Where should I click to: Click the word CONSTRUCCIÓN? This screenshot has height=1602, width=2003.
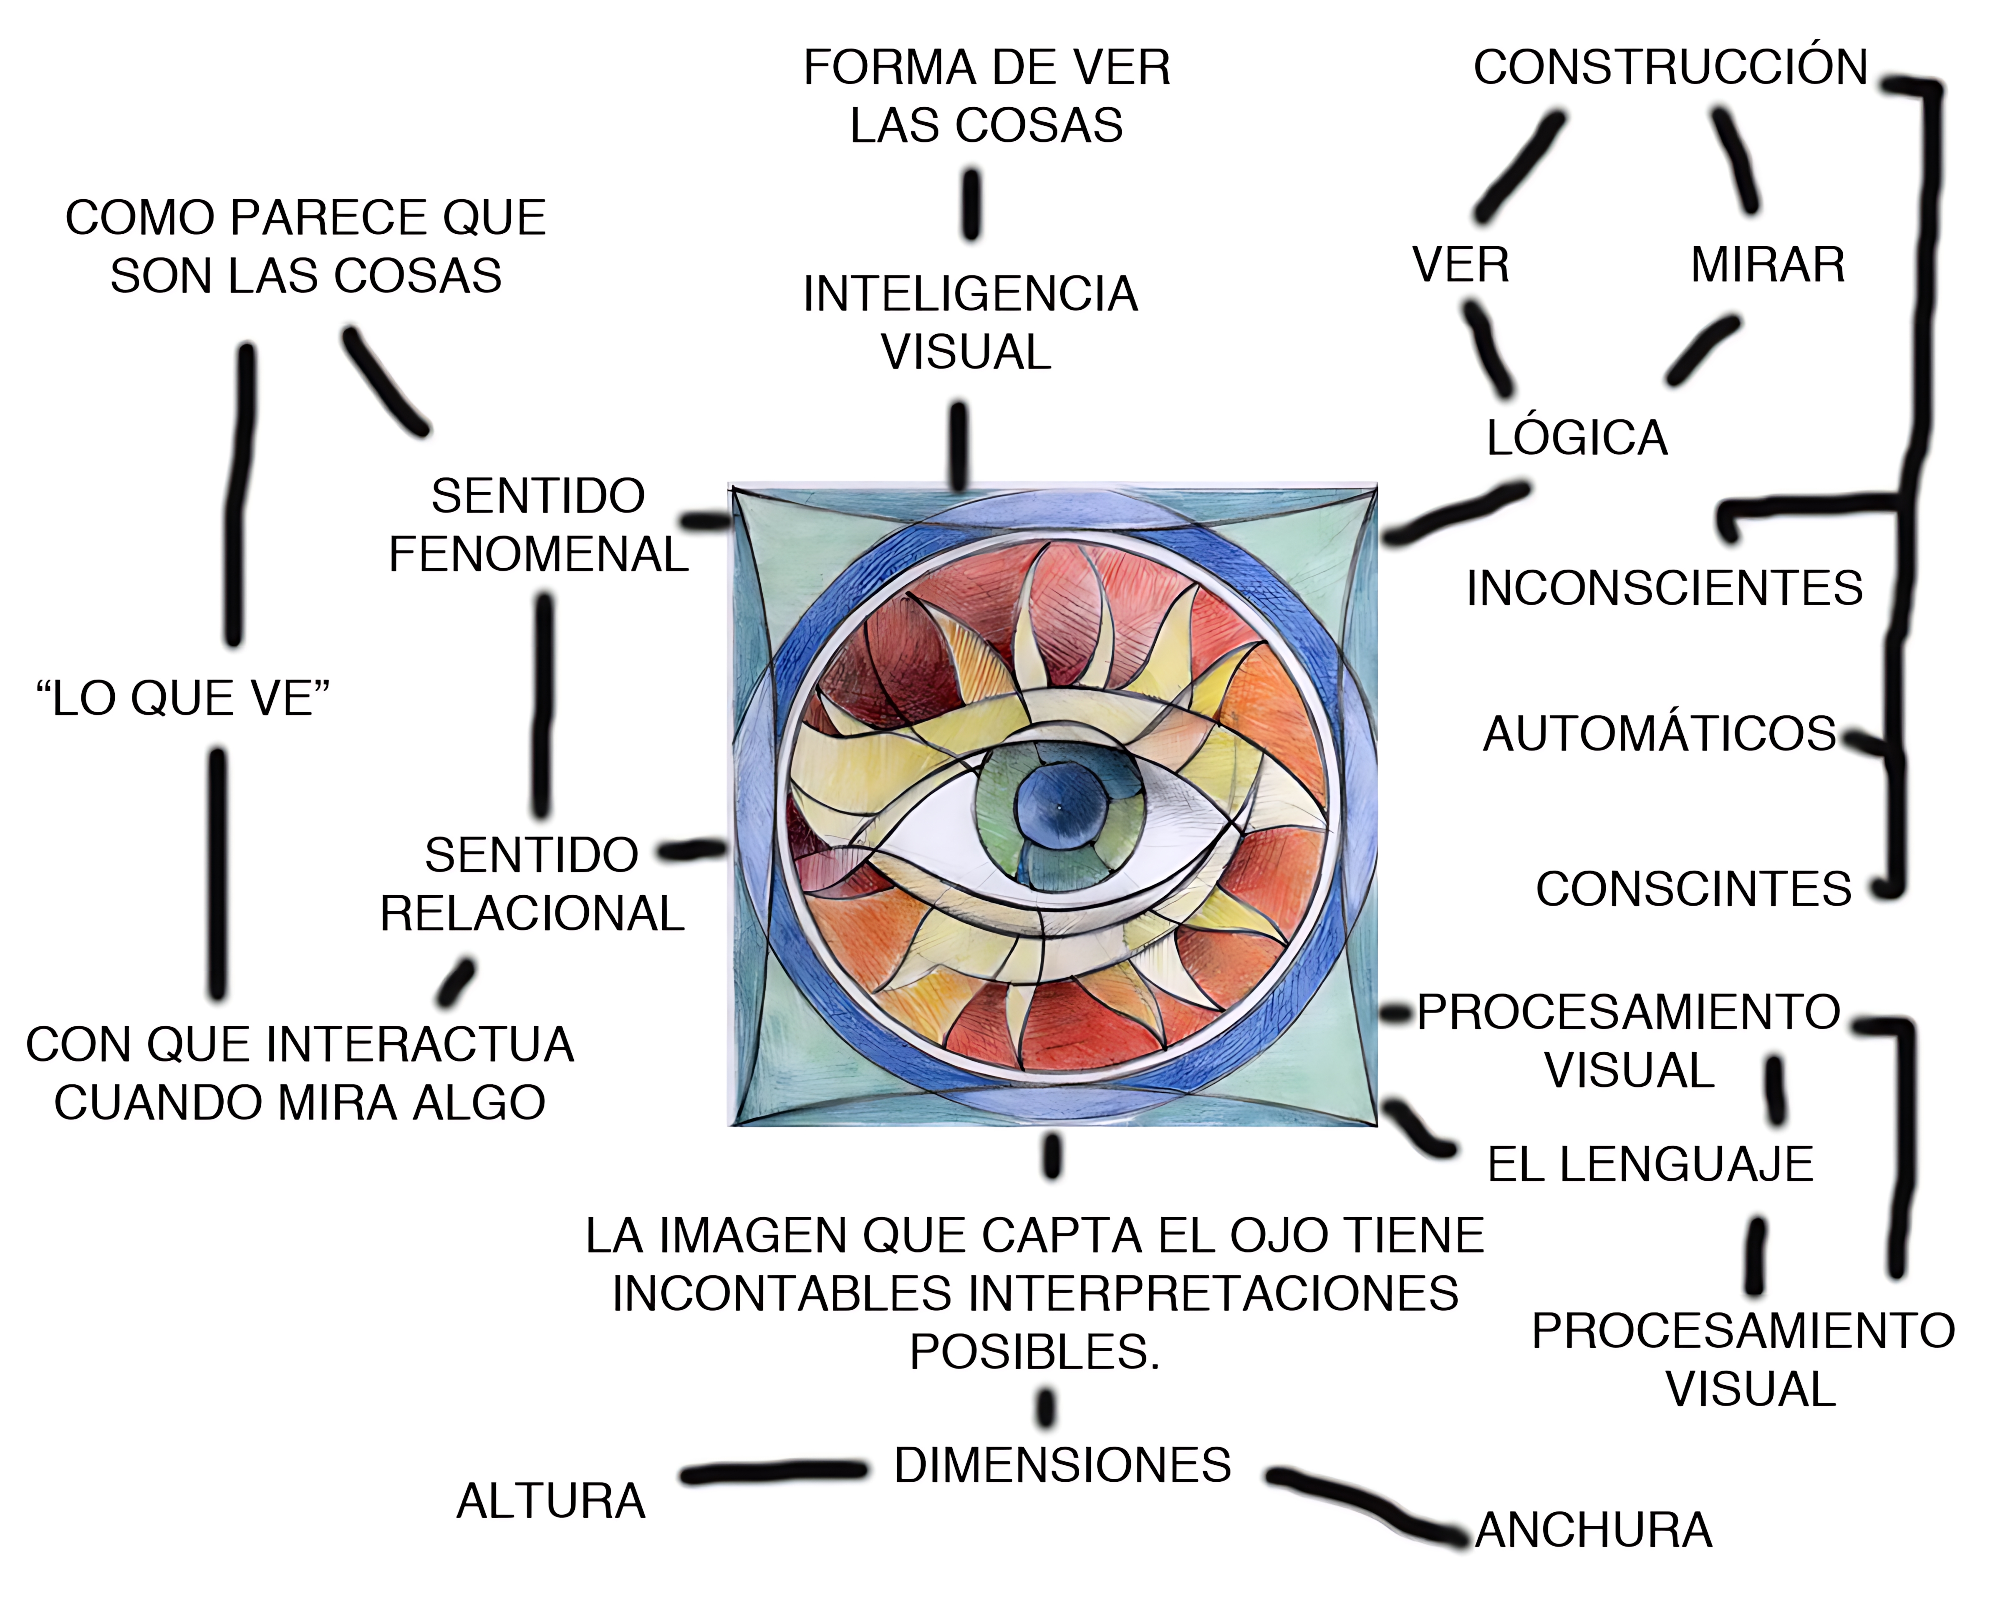pyautogui.click(x=1670, y=68)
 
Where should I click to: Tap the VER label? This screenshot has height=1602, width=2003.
pyautogui.click(x=1461, y=266)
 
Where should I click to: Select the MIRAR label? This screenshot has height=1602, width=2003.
pyautogui.click(x=1767, y=266)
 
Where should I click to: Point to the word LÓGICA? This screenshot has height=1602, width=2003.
pyautogui.click(x=1577, y=438)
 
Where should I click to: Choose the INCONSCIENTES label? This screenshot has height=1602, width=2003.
pyautogui.click(x=1664, y=588)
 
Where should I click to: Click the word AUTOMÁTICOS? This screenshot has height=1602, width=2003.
pyautogui.click(x=1659, y=734)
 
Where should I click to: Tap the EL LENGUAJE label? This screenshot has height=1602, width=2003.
pyautogui.click(x=1650, y=1164)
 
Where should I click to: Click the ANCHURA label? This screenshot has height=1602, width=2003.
pyautogui.click(x=1593, y=1531)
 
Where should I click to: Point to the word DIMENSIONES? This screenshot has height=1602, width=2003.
pyautogui.click(x=1062, y=1466)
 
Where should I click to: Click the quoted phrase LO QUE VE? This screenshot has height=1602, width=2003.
pyautogui.click(x=182, y=699)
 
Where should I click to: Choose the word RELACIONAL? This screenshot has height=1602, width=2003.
pyautogui.click(x=532, y=913)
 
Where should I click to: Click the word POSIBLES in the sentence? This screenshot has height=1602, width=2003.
pyautogui.click(x=1034, y=1352)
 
